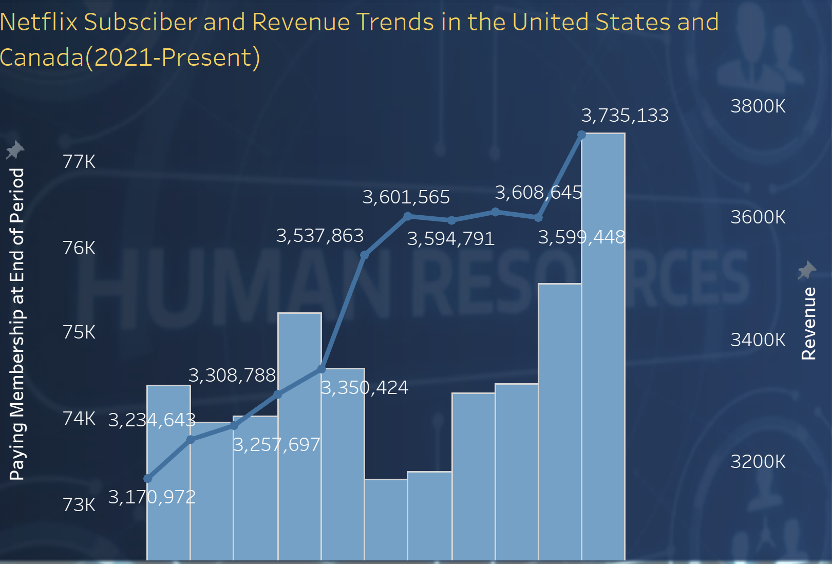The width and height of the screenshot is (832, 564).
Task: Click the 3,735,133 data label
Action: (x=625, y=116)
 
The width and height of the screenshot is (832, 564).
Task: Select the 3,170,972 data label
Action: (x=152, y=497)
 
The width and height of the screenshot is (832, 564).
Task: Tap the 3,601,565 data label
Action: (x=406, y=197)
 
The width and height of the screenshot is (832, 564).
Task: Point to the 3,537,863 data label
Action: (x=319, y=236)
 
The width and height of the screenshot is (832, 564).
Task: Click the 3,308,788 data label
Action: (x=232, y=375)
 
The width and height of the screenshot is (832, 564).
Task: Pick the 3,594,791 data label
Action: (x=450, y=239)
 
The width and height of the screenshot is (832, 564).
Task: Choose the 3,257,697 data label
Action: (x=276, y=445)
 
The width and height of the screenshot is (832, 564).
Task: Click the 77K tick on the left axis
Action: (x=79, y=162)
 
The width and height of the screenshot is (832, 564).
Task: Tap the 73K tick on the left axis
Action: (x=79, y=505)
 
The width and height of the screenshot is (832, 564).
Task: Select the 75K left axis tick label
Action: (x=79, y=332)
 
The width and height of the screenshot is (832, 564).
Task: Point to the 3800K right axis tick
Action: (x=758, y=106)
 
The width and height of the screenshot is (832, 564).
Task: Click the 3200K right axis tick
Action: (x=758, y=462)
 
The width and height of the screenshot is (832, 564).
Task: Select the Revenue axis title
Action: (x=808, y=324)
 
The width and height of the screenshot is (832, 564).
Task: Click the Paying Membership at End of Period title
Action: (x=17, y=324)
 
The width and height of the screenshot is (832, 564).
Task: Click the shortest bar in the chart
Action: (x=386, y=519)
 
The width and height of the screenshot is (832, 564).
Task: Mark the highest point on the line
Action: (x=581, y=135)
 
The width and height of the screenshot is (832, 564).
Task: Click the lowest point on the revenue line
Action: (x=148, y=479)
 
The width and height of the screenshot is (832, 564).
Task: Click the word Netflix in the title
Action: (x=39, y=22)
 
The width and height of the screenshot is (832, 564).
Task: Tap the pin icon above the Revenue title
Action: (x=806, y=270)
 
